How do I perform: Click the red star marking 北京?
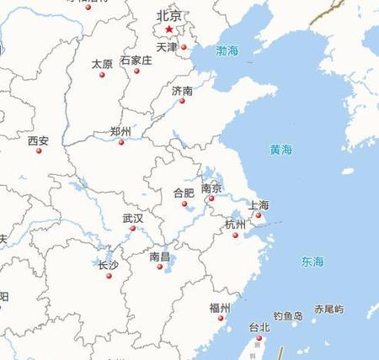(169, 29)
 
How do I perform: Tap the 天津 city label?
(167, 47)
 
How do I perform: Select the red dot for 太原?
(102, 75)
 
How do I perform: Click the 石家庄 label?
(136, 61)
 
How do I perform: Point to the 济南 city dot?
(182, 101)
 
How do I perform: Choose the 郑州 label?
(120, 132)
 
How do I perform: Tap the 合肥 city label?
(184, 193)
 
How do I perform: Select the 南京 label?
(211, 188)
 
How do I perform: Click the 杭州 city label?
(235, 224)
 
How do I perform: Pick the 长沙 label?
(109, 265)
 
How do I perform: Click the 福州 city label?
(220, 307)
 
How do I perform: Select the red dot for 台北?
(259, 338)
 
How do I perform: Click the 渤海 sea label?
(227, 51)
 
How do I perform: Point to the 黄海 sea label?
(280, 150)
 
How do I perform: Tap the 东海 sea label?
(312, 262)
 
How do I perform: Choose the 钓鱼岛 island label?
(287, 316)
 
